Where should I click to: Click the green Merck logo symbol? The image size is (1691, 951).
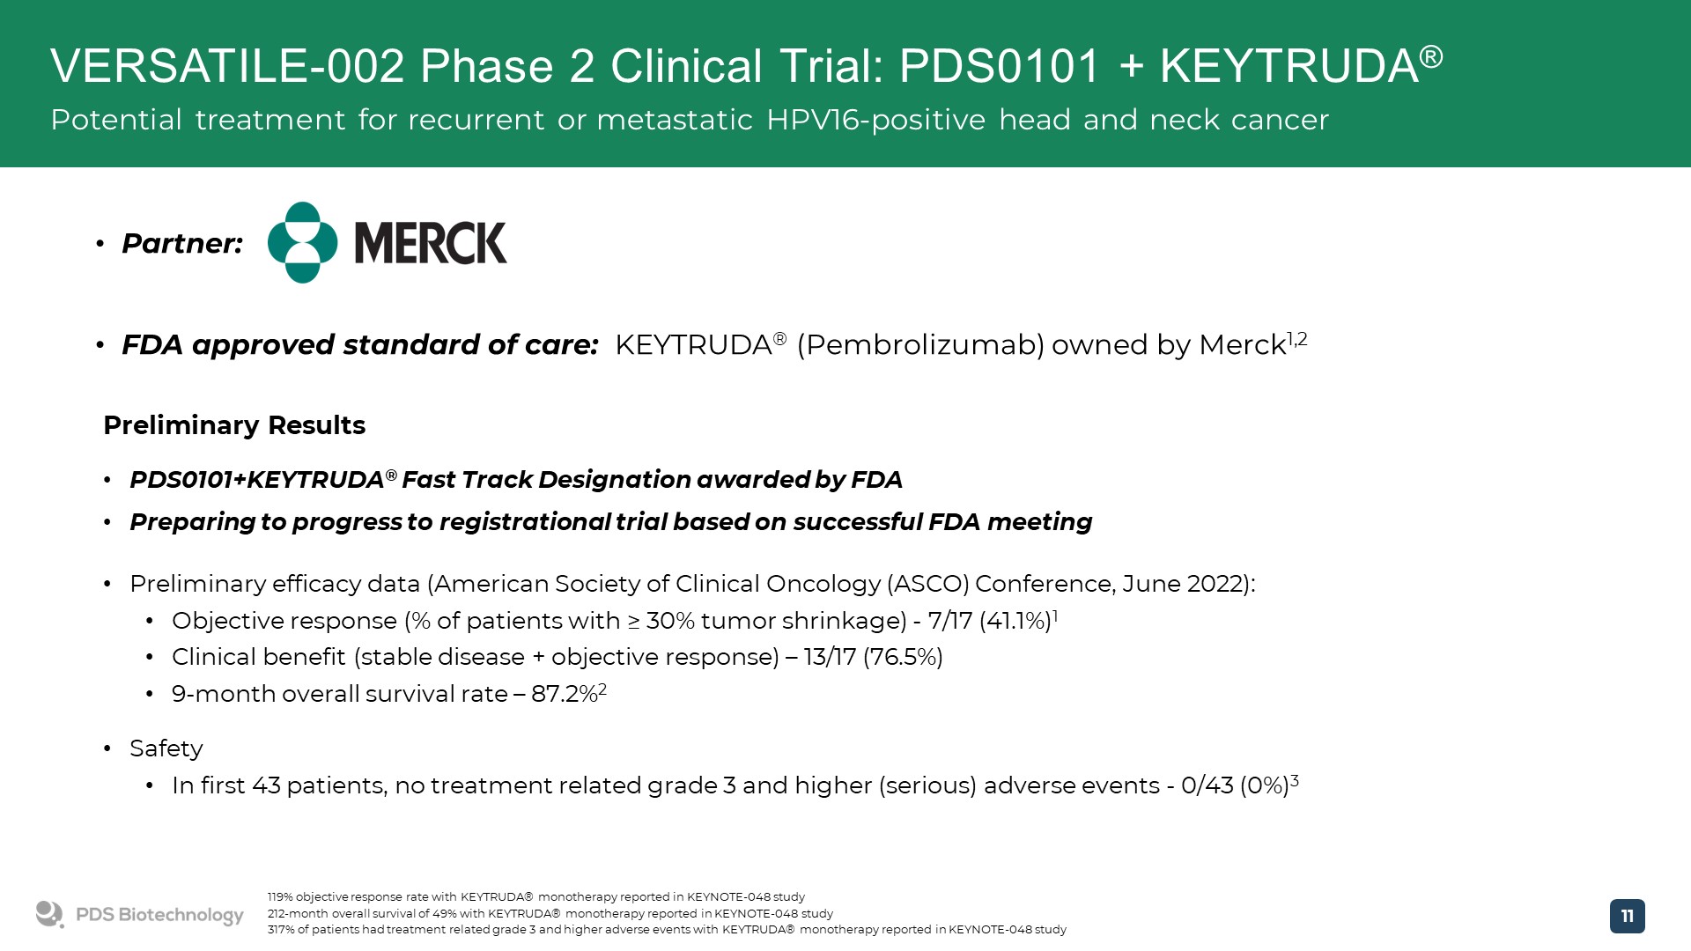pos(302,242)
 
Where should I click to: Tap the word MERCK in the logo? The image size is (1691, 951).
pos(431,243)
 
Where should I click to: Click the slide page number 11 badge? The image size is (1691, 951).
pos(1627,916)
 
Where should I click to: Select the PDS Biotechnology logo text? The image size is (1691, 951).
pos(159,915)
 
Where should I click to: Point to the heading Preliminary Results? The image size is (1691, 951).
pos(234,425)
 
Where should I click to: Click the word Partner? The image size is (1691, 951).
pos(182,243)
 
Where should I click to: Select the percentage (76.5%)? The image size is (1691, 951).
pos(903,657)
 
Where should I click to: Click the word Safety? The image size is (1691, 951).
pos(166,748)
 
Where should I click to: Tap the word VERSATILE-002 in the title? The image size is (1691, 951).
pos(227,66)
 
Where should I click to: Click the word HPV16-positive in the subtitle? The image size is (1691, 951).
pos(875,120)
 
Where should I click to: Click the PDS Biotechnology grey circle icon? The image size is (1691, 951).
pos(49,914)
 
